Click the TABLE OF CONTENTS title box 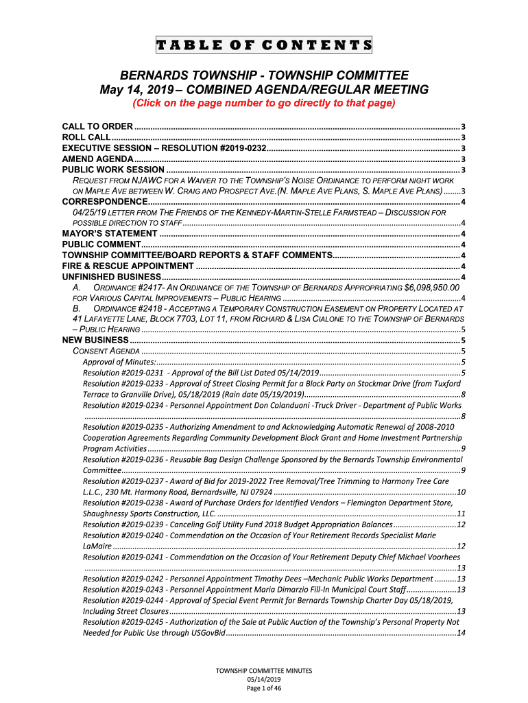pyautogui.click(x=264, y=46)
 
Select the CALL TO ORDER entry pyautogui.click(x=98, y=127)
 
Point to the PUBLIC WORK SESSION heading pyautogui.click(x=113, y=170)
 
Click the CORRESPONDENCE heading pyautogui.click(x=105, y=201)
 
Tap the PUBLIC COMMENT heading pyautogui.click(x=101, y=244)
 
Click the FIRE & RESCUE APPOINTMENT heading pyautogui.click(x=128, y=266)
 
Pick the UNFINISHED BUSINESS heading pyautogui.click(x=111, y=276)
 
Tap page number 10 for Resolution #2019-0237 pyautogui.click(x=461, y=492)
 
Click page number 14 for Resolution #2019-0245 pyautogui.click(x=461, y=632)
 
